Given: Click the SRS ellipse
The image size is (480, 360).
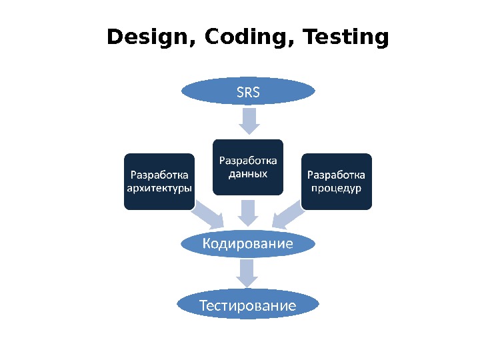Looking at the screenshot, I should (248, 91).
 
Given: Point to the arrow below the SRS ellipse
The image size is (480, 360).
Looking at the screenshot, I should (249, 121).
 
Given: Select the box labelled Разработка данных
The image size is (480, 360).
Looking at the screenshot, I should (248, 167).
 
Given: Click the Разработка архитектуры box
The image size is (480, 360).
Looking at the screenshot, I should (159, 181).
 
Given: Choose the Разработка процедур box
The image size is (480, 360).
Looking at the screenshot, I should (336, 181).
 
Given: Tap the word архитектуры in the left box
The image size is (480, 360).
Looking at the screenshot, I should (159, 188).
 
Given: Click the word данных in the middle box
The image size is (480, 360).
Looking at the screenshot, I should (248, 174).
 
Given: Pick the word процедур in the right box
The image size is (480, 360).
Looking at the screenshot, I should (336, 188).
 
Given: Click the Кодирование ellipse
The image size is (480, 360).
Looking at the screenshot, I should (248, 243).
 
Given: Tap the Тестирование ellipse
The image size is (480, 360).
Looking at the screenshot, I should (248, 305).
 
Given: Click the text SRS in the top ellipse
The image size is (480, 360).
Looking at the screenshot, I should (248, 92).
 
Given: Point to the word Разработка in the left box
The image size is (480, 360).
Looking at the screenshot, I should (159, 175).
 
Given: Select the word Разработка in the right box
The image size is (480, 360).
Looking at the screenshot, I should (336, 175).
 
